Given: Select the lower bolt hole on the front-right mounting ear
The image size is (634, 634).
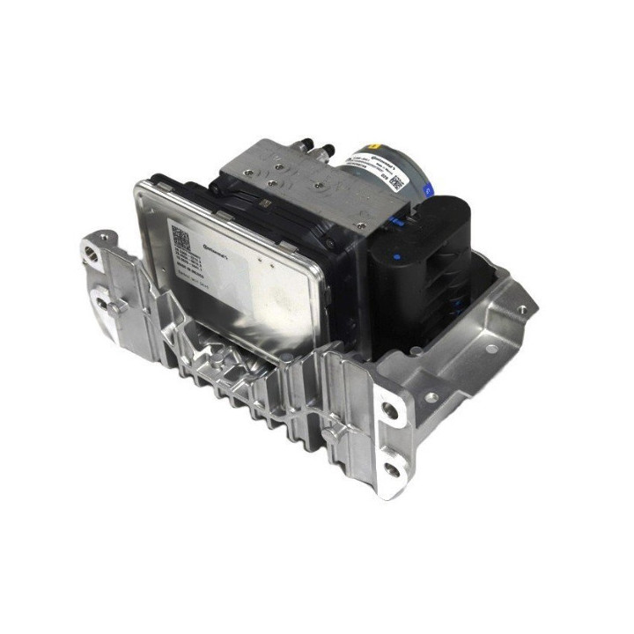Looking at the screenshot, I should click(x=392, y=469).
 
